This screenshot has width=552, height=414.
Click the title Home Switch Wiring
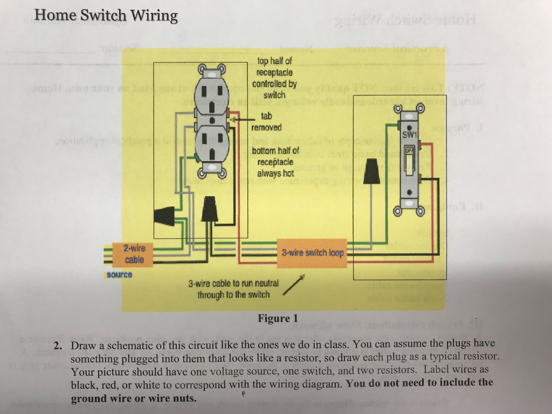[106, 15]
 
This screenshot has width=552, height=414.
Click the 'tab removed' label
[267, 122]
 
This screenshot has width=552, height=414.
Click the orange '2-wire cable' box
[134, 254]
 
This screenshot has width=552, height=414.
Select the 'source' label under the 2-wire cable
[119, 274]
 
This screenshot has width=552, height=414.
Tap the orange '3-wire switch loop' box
[313, 252]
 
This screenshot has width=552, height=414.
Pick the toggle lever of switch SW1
[410, 161]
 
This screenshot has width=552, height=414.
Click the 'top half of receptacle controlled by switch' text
[274, 78]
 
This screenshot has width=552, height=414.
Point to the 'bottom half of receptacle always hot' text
[275, 162]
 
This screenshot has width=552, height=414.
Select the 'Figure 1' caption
[278, 319]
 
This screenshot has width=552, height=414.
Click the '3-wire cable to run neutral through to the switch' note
[233, 289]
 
